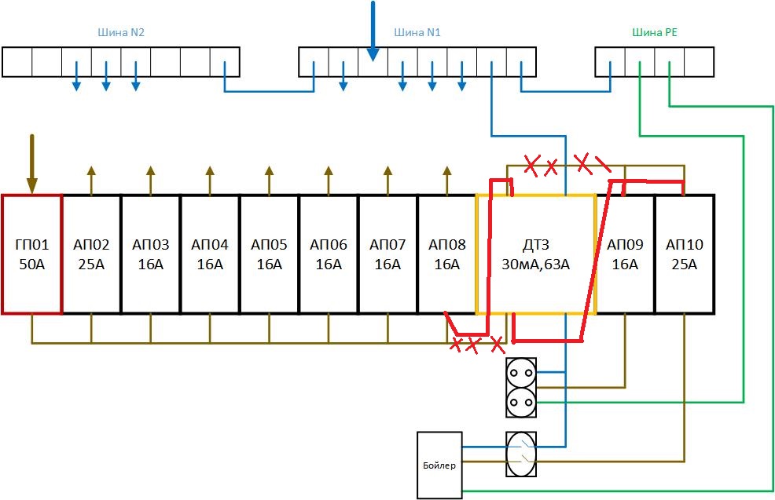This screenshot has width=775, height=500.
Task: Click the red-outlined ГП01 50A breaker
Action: coord(31,254)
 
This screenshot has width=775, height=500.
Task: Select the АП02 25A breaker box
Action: coord(91,254)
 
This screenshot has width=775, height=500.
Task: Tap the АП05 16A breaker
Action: coord(269,254)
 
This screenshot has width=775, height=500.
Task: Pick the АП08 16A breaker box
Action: coord(446,254)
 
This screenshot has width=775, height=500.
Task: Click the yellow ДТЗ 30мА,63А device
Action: coord(536,254)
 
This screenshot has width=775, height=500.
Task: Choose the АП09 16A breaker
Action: coord(625,254)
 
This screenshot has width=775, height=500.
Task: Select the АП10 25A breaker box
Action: coord(684,254)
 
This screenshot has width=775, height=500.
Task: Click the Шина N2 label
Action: coord(120,33)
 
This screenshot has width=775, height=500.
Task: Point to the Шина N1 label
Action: coord(417,33)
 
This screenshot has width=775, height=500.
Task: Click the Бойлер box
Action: coord(439,465)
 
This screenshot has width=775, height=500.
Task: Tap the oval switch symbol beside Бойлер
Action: coord(521,454)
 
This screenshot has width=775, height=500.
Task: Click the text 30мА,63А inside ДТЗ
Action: coord(536,265)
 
